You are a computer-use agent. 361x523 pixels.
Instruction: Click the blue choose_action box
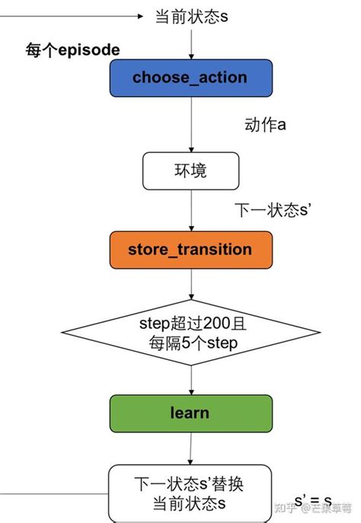[x=190, y=78]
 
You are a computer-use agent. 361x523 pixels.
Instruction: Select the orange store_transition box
[x=190, y=249]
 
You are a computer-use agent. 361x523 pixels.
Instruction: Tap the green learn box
[x=190, y=413]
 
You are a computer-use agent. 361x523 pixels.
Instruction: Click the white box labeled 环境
[x=190, y=171]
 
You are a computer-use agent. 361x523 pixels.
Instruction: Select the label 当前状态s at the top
[x=192, y=16]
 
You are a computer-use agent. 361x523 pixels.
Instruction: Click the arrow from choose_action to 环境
[x=190, y=125]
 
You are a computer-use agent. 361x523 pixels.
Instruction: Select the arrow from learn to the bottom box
[x=190, y=448]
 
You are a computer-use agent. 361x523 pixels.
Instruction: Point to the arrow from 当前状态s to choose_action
[x=190, y=42]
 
